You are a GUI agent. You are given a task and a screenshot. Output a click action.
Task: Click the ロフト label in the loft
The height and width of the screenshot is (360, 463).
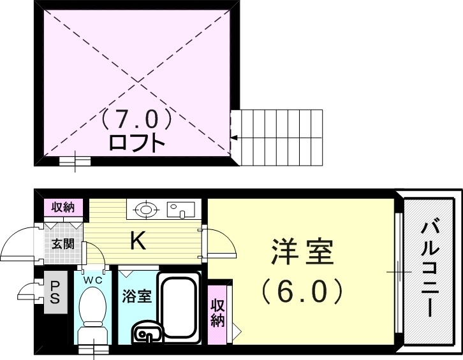[x=137, y=140]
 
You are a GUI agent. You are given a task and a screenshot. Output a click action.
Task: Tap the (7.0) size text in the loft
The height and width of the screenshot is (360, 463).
[x=136, y=118]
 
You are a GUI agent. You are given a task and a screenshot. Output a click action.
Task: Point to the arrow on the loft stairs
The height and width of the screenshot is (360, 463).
[x=235, y=137]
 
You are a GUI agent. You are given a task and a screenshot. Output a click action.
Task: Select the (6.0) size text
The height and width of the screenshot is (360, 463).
[x=302, y=292]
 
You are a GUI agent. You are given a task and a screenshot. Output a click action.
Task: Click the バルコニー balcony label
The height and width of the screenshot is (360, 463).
[x=429, y=268]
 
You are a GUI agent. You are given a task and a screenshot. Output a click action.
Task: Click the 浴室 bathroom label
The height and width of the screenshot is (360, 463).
[x=136, y=296]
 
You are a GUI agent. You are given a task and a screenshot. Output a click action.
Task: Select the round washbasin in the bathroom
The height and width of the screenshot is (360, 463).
[x=147, y=333]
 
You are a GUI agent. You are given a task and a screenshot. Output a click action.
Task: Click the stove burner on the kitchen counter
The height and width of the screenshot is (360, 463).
[x=146, y=208]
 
